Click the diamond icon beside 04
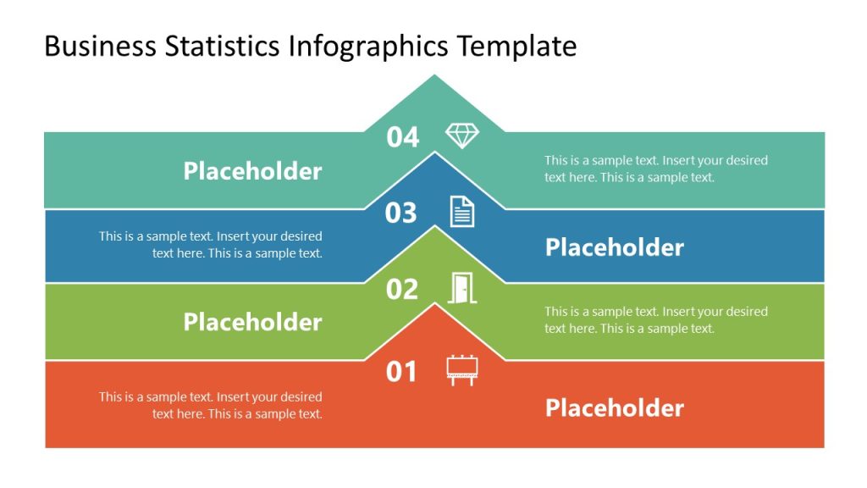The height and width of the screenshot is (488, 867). click(461, 136)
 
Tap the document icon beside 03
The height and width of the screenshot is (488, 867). click(461, 211)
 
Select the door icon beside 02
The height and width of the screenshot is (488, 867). click(461, 288)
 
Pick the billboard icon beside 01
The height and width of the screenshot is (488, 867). click(461, 370)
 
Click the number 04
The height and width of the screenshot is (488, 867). click(403, 136)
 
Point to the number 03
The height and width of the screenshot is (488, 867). click(401, 213)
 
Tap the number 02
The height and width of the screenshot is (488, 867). click(402, 290)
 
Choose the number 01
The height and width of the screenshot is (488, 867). click(402, 371)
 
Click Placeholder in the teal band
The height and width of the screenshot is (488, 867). click(252, 171)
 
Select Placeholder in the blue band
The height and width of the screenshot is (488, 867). click(614, 247)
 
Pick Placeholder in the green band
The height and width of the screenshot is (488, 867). click(252, 322)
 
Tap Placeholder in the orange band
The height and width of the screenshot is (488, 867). click(614, 408)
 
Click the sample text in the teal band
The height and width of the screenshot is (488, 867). click(655, 169)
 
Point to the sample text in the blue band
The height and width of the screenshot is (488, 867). click(211, 245)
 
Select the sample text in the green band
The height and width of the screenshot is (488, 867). click(655, 319)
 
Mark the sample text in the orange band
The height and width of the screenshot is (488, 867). click(211, 405)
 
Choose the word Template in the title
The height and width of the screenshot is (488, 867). click(517, 46)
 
